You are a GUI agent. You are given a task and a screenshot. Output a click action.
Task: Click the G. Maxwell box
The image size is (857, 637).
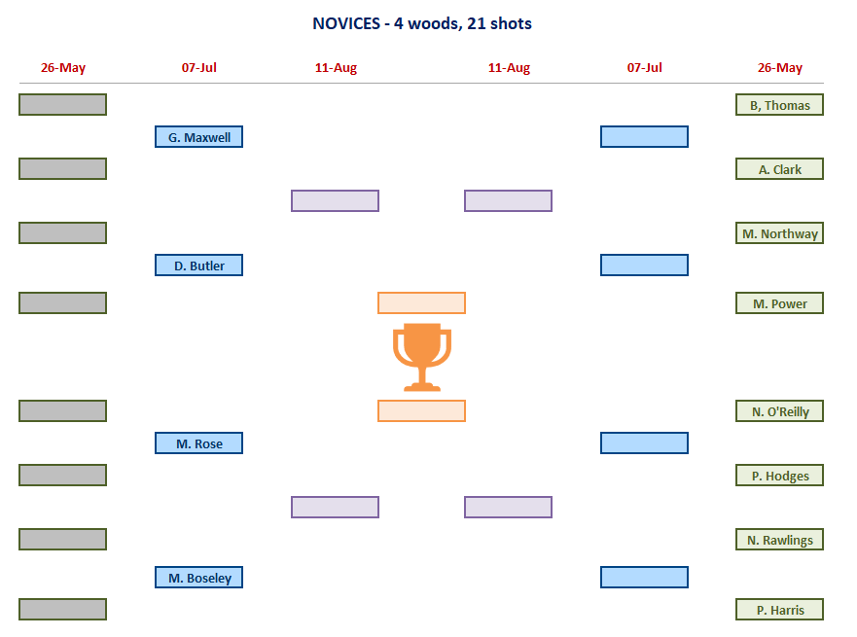(x=198, y=137)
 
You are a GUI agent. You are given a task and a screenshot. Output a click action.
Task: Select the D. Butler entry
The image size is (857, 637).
(x=198, y=265)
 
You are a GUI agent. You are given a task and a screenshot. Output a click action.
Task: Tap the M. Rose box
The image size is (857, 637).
(x=198, y=443)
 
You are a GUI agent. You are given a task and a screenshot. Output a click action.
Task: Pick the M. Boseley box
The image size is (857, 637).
(x=198, y=578)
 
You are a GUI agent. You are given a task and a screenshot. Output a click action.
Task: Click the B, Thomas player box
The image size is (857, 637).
(x=779, y=105)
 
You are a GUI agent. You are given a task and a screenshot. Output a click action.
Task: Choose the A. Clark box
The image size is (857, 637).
(x=779, y=169)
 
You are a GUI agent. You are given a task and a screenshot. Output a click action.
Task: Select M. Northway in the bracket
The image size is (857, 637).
(x=779, y=233)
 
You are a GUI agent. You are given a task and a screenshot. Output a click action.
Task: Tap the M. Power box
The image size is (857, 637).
(x=779, y=303)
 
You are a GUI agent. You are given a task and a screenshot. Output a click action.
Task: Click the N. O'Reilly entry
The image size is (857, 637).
(x=779, y=411)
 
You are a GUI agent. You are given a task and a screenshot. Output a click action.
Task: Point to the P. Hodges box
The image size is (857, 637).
(x=779, y=476)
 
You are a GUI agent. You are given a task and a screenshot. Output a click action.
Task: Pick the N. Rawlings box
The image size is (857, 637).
(x=779, y=540)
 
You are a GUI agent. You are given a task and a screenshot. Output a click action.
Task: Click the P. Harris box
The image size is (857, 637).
(x=779, y=610)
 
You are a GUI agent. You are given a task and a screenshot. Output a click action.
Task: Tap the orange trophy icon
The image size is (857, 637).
(x=421, y=357)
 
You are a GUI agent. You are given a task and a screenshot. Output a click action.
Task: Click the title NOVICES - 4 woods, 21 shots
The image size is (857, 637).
(x=422, y=23)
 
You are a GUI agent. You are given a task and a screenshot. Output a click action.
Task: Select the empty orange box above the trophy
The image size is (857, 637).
(x=421, y=302)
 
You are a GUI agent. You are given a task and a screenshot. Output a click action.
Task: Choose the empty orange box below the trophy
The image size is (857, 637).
(x=421, y=410)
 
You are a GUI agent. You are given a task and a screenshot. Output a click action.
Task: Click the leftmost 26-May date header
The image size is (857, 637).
(x=63, y=68)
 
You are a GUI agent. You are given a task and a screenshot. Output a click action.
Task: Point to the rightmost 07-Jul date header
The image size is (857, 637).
(x=644, y=68)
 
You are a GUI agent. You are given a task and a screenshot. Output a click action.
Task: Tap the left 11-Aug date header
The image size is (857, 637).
(x=336, y=68)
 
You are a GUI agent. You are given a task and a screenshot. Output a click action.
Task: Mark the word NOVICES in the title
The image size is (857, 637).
(x=347, y=23)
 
